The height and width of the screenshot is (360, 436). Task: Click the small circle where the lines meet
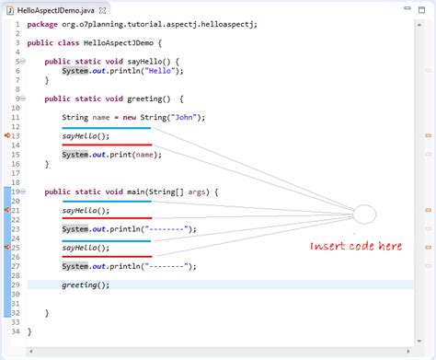point(364,215)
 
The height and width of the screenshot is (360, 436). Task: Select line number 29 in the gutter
point(17,285)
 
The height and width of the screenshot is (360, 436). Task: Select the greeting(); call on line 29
point(86,285)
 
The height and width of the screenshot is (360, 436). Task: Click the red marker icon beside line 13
point(6,135)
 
